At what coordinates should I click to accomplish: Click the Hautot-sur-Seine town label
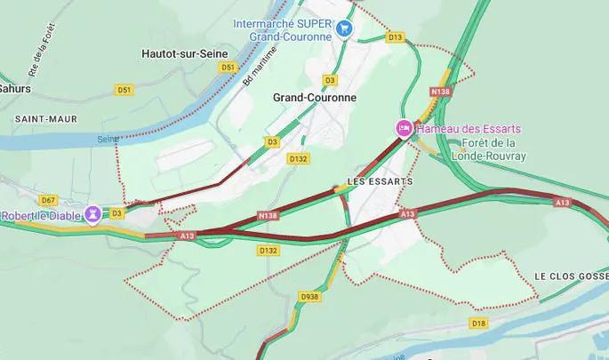click(x=183, y=53)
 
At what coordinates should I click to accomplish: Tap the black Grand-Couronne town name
click(x=314, y=97)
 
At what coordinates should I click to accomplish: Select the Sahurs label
click(x=14, y=89)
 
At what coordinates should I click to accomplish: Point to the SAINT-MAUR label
click(x=45, y=118)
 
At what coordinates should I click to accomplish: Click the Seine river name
click(x=107, y=139)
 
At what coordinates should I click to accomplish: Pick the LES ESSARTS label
click(x=380, y=181)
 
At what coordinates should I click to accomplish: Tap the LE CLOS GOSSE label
click(x=571, y=276)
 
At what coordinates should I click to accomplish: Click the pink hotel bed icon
click(x=403, y=129)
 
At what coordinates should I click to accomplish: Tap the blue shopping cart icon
click(x=345, y=29)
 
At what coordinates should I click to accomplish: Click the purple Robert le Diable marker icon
click(x=92, y=214)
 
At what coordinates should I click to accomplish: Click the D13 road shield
click(x=395, y=36)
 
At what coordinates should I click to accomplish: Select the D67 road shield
click(x=48, y=200)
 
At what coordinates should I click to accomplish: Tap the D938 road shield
click(x=309, y=297)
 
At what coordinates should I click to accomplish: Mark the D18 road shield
click(x=479, y=323)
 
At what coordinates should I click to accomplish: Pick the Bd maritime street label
click(x=260, y=65)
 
